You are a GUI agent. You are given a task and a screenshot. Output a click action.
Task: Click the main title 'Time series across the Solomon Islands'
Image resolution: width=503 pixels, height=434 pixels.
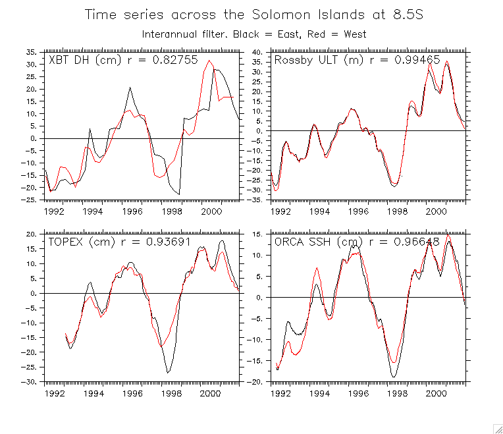pos(254,14)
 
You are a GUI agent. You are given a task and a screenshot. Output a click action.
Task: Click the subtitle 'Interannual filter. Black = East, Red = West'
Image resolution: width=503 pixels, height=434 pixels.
pos(254,34)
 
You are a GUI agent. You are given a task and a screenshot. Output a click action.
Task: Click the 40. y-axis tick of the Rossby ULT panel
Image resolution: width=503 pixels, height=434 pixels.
pos(257,51)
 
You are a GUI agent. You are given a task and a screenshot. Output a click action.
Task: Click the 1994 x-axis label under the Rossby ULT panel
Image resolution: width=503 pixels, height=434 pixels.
pos(319,211)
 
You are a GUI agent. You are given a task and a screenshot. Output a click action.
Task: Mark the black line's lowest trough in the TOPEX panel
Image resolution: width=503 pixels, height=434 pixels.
pos(168,373)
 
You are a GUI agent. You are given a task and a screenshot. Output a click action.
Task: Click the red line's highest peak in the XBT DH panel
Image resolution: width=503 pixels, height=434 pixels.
pos(209,61)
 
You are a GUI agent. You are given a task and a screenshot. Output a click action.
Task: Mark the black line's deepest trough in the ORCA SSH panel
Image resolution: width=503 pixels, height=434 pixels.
pos(394,377)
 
